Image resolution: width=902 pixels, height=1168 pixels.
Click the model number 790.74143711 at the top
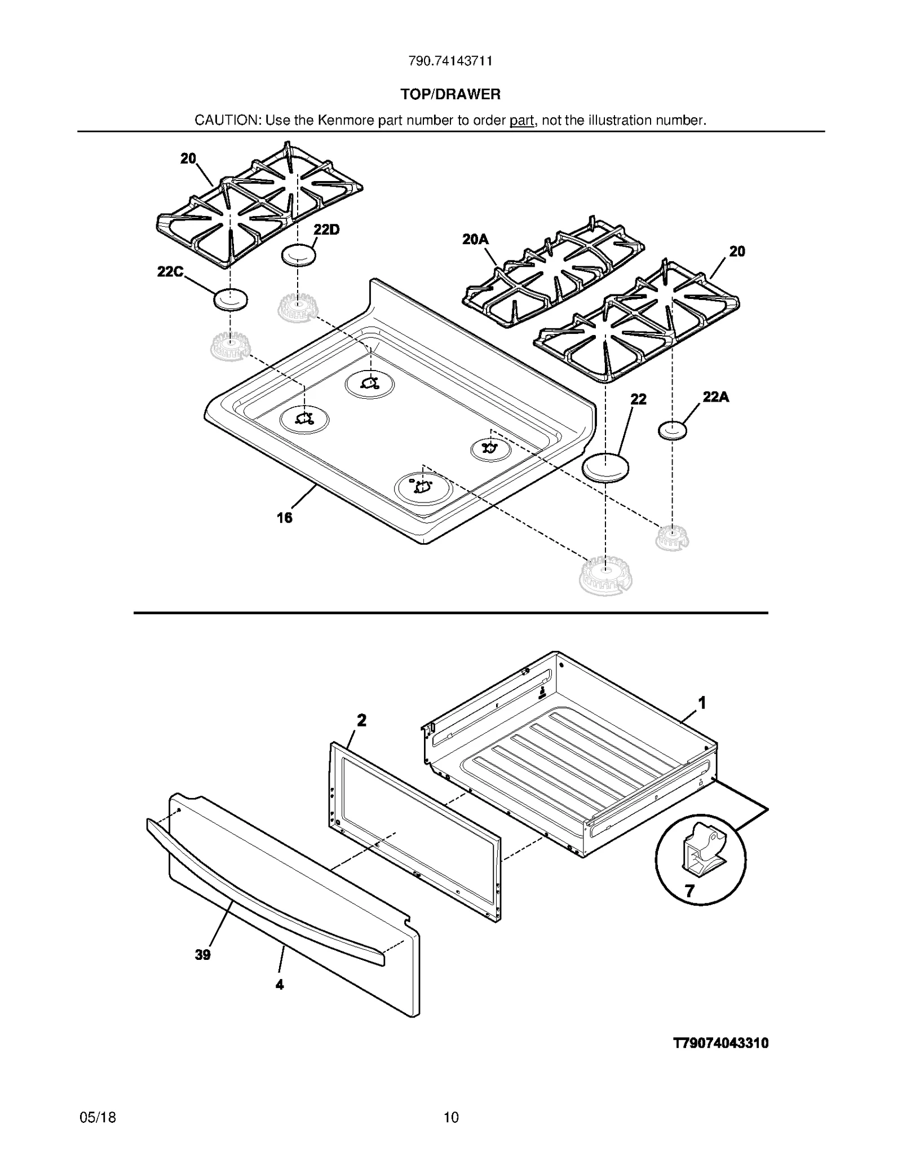click(x=450, y=61)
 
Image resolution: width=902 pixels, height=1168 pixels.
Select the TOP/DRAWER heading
click(x=450, y=94)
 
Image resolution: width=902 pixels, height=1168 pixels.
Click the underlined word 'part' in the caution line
click(x=521, y=121)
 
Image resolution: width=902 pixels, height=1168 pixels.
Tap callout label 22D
click(x=326, y=230)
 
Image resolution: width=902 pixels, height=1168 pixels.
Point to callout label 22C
click(x=170, y=272)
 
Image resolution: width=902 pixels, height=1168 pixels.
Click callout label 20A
click(x=475, y=240)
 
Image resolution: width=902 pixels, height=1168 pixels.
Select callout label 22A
click(x=715, y=397)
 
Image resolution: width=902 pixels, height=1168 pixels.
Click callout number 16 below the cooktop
click(x=284, y=517)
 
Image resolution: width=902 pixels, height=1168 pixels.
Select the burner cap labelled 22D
click(x=298, y=255)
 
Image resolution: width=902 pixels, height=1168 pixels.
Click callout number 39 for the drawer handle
click(x=202, y=955)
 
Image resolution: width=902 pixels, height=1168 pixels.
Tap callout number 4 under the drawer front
click(x=279, y=985)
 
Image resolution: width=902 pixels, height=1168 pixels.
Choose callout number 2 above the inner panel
click(x=361, y=720)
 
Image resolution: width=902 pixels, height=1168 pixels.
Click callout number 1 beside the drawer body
click(x=702, y=703)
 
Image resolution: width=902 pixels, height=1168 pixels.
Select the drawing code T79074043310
click(x=720, y=1043)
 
